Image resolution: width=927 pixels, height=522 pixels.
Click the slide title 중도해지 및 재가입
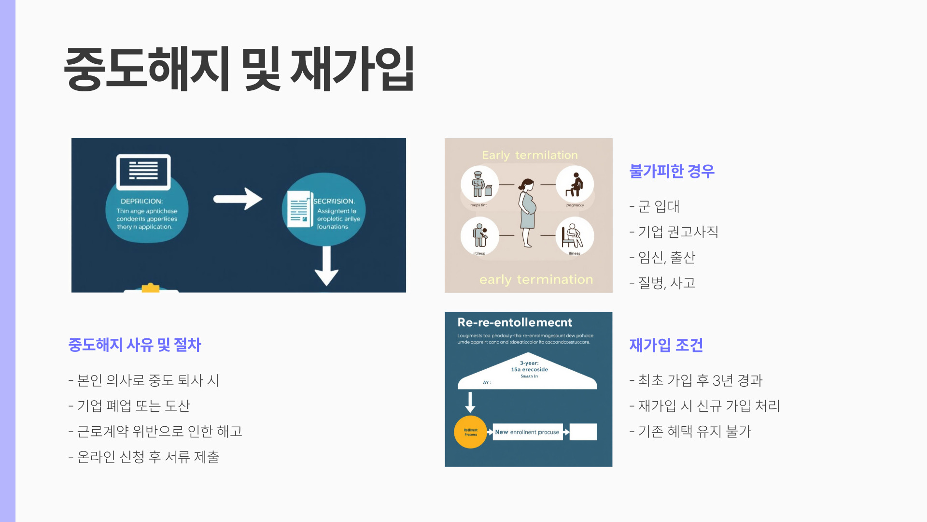pyautogui.click(x=239, y=69)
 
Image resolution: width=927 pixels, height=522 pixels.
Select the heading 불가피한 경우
pyautogui.click(x=672, y=171)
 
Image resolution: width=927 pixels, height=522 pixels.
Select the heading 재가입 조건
pyautogui.click(x=666, y=345)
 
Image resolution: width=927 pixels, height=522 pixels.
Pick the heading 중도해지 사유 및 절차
pyautogui.click(x=135, y=345)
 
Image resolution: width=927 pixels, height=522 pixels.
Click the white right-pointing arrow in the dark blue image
pyautogui.click(x=238, y=199)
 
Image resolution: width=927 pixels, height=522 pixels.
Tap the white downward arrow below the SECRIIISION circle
pyautogui.click(x=326, y=266)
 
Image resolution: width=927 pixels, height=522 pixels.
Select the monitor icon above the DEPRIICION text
pyautogui.click(x=143, y=172)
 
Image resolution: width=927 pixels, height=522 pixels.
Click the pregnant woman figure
pyautogui.click(x=528, y=213)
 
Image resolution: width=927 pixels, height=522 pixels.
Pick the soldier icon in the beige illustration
pyautogui.click(x=479, y=184)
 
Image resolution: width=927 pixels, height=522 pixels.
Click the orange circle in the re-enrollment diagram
pyautogui.click(x=470, y=432)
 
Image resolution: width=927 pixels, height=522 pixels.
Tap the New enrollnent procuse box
pyautogui.click(x=527, y=432)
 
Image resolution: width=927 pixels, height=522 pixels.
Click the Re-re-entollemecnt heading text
pyautogui.click(x=515, y=322)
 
